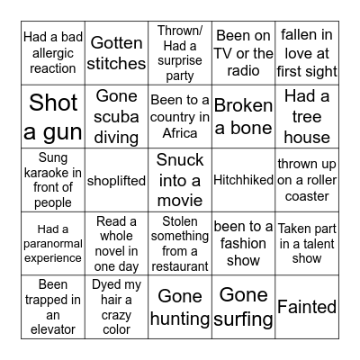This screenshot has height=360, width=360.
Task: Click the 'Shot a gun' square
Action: coord(54,117)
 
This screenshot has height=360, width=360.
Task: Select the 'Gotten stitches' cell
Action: coord(117,54)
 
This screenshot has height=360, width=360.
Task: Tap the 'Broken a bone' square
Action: coord(243,117)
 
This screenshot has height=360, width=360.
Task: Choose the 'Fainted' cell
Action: coord(306,306)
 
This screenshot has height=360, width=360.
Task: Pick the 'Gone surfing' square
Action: coord(243,306)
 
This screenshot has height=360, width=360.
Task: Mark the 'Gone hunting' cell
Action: coord(180,306)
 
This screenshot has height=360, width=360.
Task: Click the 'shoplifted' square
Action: coord(117,180)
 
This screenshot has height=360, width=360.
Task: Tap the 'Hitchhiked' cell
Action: coord(243,180)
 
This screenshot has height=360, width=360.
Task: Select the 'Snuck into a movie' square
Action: coord(180,180)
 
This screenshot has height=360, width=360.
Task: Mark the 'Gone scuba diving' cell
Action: coord(117,117)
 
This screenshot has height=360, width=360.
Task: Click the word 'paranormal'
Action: coord(54,243)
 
